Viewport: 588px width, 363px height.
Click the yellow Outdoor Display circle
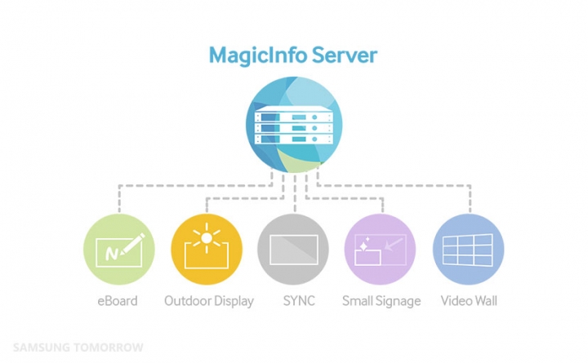pyautogui.click(x=207, y=250)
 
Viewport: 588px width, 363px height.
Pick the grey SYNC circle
pyautogui.click(x=293, y=250)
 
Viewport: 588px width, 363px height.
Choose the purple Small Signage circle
pyautogui.click(x=381, y=250)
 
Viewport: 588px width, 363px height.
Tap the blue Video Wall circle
pyautogui.click(x=468, y=250)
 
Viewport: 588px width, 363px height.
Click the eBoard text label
pyautogui.click(x=115, y=301)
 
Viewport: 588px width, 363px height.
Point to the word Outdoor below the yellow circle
pyautogui.click(x=187, y=301)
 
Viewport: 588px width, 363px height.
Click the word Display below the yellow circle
pyautogui.click(x=233, y=301)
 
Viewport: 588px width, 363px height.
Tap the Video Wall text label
pyautogui.click(x=469, y=301)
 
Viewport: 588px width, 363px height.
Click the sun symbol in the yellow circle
pyautogui.click(x=207, y=238)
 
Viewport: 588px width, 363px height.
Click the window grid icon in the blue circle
pyautogui.click(x=468, y=250)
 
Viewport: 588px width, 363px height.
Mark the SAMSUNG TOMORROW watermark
pyautogui.click(x=78, y=348)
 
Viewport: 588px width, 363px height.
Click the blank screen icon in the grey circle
pyautogui.click(x=293, y=250)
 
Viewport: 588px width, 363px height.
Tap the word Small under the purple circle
pyautogui.click(x=359, y=301)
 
